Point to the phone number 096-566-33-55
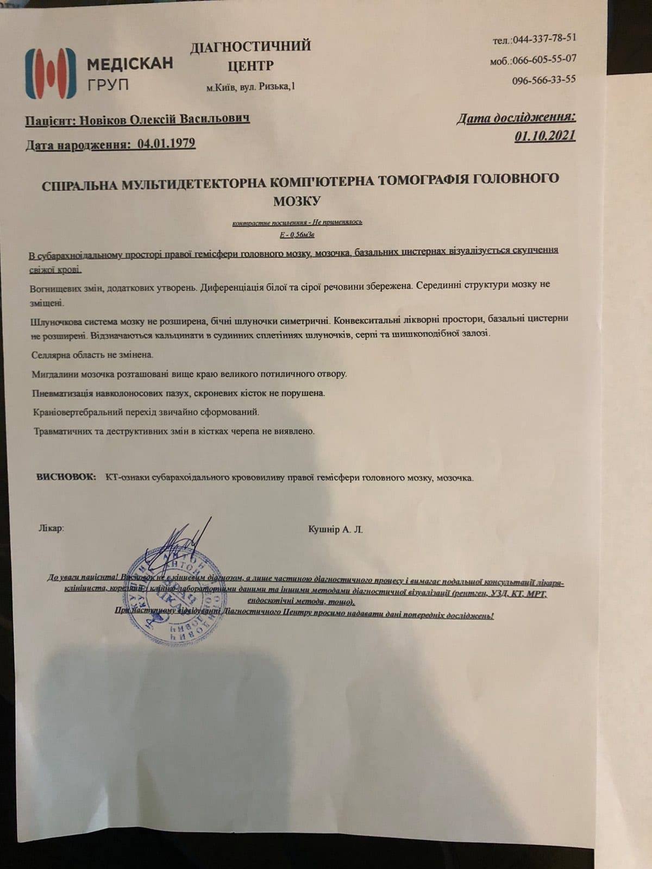tap(543, 80)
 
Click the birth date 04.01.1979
tap(166, 143)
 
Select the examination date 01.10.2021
tap(545, 136)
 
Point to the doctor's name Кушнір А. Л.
tap(335, 529)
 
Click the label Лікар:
tap(51, 527)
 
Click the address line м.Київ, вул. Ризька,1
tap(251, 86)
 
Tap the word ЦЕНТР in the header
tap(250, 66)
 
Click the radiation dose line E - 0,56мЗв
tap(296, 235)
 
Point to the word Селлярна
tap(51, 355)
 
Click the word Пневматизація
tap(62, 393)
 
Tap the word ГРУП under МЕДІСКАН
tap(108, 85)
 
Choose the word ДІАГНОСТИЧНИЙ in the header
tap(250, 46)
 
